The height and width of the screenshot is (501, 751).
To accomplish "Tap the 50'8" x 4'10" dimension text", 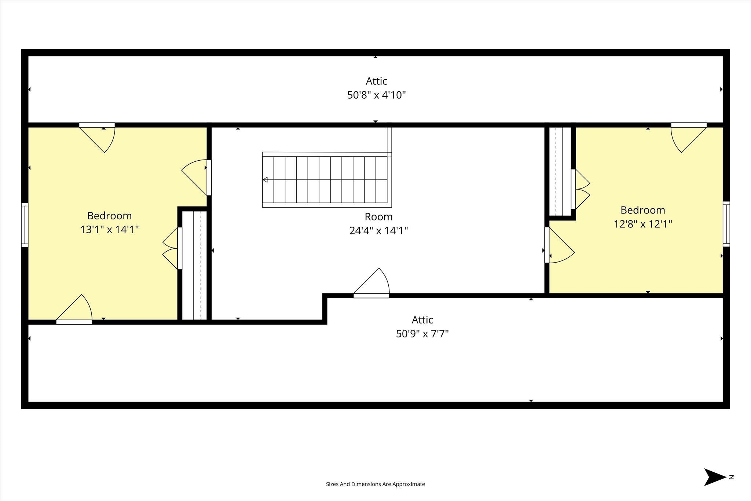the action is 376,95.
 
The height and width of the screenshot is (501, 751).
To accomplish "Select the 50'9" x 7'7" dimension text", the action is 422,334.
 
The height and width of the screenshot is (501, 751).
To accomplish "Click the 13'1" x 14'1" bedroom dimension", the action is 109,230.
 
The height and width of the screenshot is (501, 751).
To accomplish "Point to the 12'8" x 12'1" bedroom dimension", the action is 643,224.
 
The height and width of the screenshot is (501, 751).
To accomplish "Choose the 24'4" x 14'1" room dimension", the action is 378,231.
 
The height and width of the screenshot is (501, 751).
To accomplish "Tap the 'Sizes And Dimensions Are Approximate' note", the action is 375,484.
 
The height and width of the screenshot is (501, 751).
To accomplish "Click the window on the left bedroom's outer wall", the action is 25,224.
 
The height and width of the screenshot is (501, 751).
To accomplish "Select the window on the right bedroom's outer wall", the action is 726,224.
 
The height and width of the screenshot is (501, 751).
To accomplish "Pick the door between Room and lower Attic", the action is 371,283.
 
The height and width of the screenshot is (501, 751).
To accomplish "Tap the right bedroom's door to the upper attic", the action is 689,138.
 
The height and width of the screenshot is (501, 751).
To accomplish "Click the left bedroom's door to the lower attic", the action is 74,310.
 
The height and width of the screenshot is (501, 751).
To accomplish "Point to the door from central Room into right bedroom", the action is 560,245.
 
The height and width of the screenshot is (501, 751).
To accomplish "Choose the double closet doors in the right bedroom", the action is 580,189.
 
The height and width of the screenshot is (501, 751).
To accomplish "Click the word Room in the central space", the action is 378,217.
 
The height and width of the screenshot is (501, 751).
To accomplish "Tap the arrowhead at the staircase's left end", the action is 265,180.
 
